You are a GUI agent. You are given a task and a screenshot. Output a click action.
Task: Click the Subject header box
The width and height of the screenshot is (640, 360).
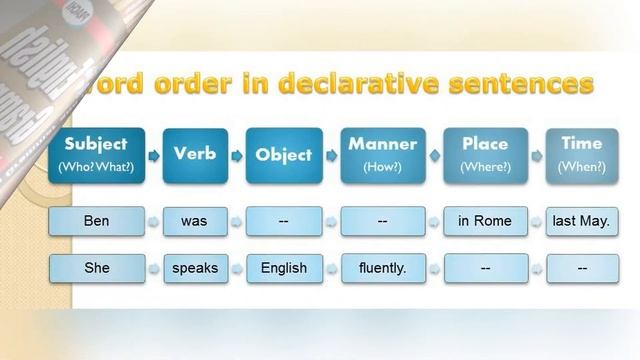[97, 155]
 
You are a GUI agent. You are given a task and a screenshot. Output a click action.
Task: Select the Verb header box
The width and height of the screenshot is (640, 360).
[194, 155]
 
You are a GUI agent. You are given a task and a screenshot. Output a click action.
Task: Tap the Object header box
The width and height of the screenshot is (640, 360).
[284, 155]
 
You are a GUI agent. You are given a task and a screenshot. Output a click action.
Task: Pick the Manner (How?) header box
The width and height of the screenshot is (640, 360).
[382, 155]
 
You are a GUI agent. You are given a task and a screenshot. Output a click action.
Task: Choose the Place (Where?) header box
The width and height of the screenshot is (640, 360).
[485, 155]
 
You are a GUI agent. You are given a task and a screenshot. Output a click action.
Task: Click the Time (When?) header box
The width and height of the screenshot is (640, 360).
[581, 155]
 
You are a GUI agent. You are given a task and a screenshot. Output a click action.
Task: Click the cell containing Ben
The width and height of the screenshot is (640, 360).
[97, 221]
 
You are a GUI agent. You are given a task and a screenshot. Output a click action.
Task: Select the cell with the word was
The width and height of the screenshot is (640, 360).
[194, 221]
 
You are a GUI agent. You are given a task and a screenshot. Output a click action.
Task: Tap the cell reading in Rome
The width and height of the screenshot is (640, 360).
[485, 221]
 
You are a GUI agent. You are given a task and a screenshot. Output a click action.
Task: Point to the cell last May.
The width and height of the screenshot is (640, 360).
[581, 221]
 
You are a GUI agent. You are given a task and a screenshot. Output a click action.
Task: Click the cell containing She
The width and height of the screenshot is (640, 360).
[97, 268]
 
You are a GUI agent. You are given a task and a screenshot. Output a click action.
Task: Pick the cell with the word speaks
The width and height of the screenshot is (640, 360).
[194, 268]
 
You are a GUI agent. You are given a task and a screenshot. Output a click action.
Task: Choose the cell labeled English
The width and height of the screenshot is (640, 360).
[284, 268]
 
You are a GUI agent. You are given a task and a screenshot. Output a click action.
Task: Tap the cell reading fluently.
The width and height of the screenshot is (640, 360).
[382, 268]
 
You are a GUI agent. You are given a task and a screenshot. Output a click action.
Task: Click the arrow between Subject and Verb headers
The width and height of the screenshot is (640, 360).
[153, 156]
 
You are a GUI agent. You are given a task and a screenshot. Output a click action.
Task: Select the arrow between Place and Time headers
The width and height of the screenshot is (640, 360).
[536, 156]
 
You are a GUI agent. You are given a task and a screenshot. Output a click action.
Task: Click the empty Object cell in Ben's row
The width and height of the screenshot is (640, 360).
[284, 221]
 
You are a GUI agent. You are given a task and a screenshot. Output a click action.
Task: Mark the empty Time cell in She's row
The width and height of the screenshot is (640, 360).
[581, 268]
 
